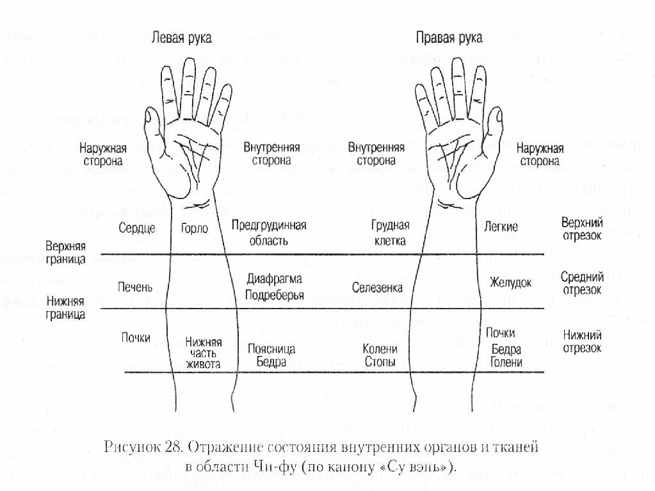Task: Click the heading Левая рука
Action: point(178,38)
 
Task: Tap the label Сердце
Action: point(137,229)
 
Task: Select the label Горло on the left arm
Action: point(195,229)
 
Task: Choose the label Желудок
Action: point(511,282)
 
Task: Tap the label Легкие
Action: point(503,227)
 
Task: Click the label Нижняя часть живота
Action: point(203,353)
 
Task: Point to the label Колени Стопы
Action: point(380,355)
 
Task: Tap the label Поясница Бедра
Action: point(271,355)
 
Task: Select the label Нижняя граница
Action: point(66,307)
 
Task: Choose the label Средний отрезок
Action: point(582,284)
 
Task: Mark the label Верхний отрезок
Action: point(581,229)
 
